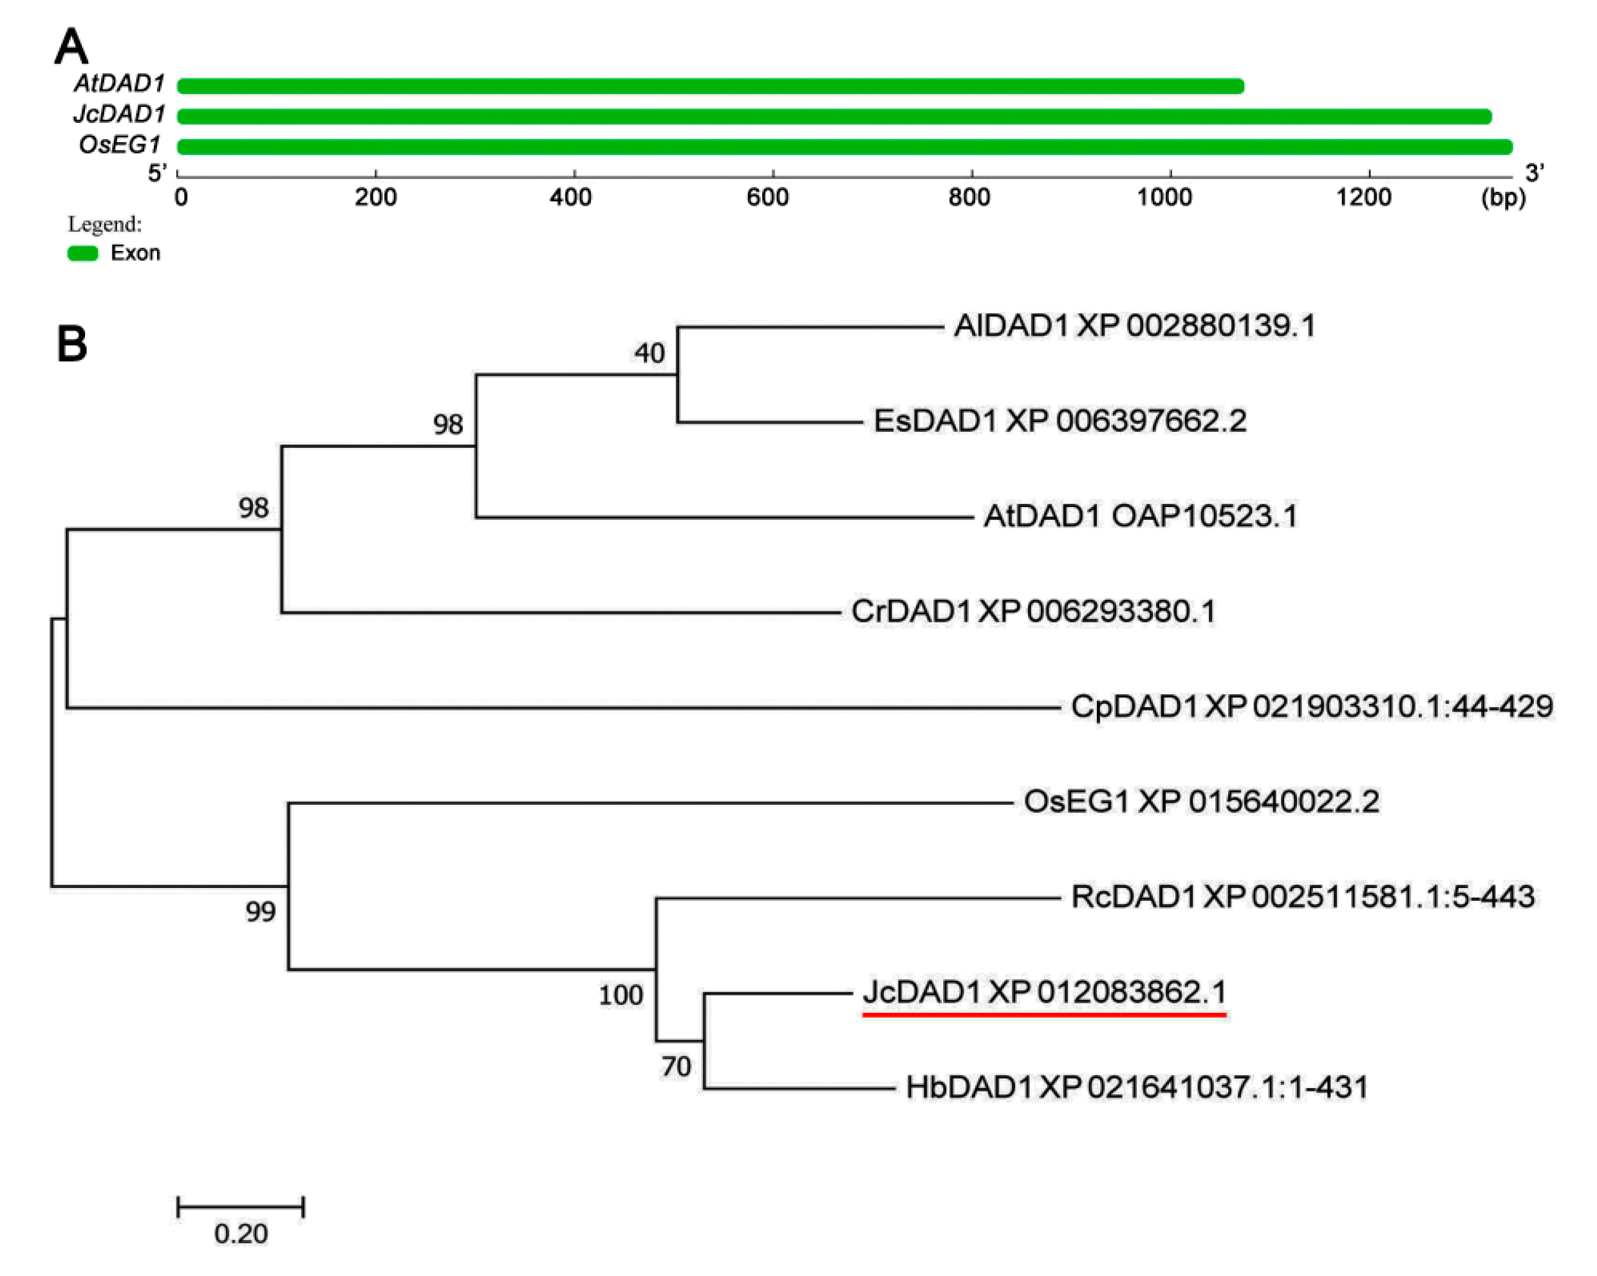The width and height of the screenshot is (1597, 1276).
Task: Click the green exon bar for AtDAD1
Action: pyautogui.click(x=711, y=87)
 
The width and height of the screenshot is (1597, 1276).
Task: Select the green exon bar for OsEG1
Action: pyautogui.click(x=845, y=147)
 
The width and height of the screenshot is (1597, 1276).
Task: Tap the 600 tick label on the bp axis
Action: pyautogui.click(x=768, y=198)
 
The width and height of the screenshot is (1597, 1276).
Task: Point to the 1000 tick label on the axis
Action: pyautogui.click(x=1165, y=198)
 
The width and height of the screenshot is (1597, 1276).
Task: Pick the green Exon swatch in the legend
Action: pyautogui.click(x=83, y=254)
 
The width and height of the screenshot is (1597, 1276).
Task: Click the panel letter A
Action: pyautogui.click(x=72, y=47)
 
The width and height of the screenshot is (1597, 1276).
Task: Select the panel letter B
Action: pyautogui.click(x=72, y=344)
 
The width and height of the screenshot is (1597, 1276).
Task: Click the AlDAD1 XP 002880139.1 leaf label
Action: pyautogui.click(x=1135, y=326)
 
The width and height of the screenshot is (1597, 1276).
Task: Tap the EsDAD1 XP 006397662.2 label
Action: pyautogui.click(x=1060, y=421)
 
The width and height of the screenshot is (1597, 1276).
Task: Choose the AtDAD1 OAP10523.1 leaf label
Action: pyautogui.click(x=1141, y=516)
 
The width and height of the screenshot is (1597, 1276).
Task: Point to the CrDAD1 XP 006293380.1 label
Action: pyautogui.click(x=1033, y=612)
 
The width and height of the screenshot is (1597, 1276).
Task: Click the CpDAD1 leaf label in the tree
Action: pyautogui.click(x=1312, y=707)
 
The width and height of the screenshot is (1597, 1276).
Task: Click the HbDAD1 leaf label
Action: pyautogui.click(x=1137, y=1088)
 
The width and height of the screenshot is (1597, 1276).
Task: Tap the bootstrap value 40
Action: pyautogui.click(x=649, y=354)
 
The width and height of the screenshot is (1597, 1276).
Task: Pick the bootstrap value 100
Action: pyautogui.click(x=621, y=995)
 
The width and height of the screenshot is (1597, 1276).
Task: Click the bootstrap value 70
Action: pyautogui.click(x=675, y=1067)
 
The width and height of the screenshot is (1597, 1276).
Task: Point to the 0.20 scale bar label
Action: pyautogui.click(x=241, y=1234)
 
